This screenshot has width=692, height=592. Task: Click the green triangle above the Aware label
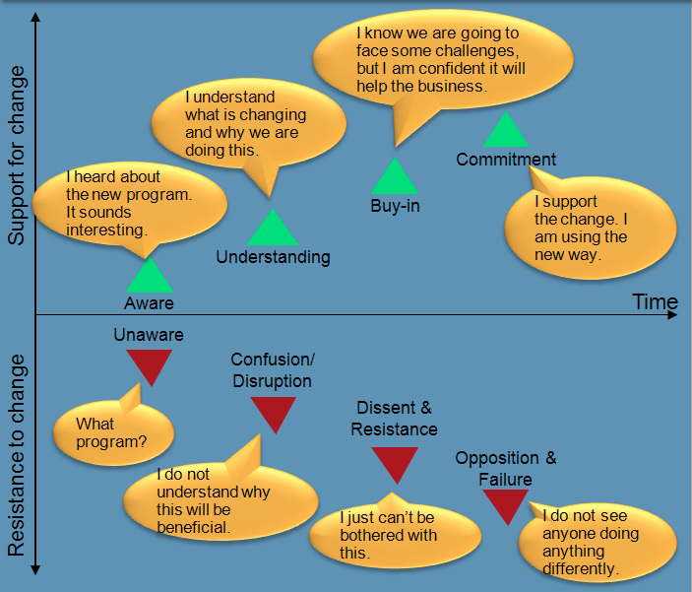point(149,277)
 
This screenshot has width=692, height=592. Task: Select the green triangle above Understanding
point(273,230)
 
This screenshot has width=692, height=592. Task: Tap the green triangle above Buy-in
point(395,178)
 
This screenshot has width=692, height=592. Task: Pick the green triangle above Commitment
point(506,132)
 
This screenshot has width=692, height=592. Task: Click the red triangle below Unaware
point(149,364)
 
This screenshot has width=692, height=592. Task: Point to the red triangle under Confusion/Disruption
point(273,412)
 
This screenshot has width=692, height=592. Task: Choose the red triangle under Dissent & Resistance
point(395,463)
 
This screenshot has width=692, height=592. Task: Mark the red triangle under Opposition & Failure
point(506,504)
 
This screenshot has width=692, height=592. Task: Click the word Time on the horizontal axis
point(655,302)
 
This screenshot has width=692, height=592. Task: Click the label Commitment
point(506,160)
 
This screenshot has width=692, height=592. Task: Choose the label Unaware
point(149,335)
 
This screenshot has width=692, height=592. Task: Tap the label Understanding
point(273,257)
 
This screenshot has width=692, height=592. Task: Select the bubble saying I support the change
point(590,227)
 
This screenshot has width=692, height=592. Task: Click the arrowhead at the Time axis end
point(673,315)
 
